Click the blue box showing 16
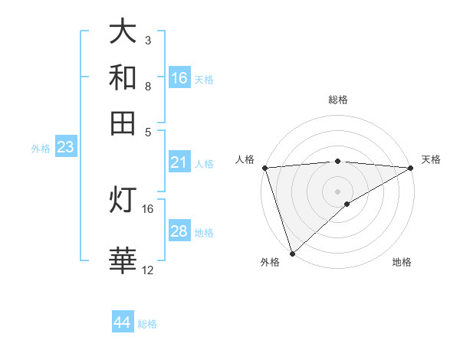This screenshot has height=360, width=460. pyautogui.click(x=179, y=78)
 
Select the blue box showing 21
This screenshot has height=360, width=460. pyautogui.click(x=179, y=162)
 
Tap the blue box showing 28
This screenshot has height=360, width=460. pyautogui.click(x=179, y=231)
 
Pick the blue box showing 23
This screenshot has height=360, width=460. pyautogui.click(x=65, y=147)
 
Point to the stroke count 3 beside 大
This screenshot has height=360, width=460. pyautogui.click(x=148, y=40)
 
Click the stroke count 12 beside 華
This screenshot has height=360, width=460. pyautogui.click(x=148, y=270)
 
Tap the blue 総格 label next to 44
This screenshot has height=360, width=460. pyautogui.click(x=147, y=324)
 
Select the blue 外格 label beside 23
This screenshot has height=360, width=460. pyautogui.click(x=40, y=149)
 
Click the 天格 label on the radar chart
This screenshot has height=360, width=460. pyautogui.click(x=431, y=159)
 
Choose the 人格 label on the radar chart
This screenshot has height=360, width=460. pyautogui.click(x=245, y=159)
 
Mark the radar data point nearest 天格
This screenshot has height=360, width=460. pyautogui.click(x=411, y=168)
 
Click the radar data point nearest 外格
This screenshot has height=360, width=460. pyautogui.click(x=292, y=253)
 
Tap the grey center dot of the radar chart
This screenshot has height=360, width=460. pyautogui.click(x=337, y=191)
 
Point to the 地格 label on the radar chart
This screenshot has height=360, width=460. pyautogui.click(x=402, y=262)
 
